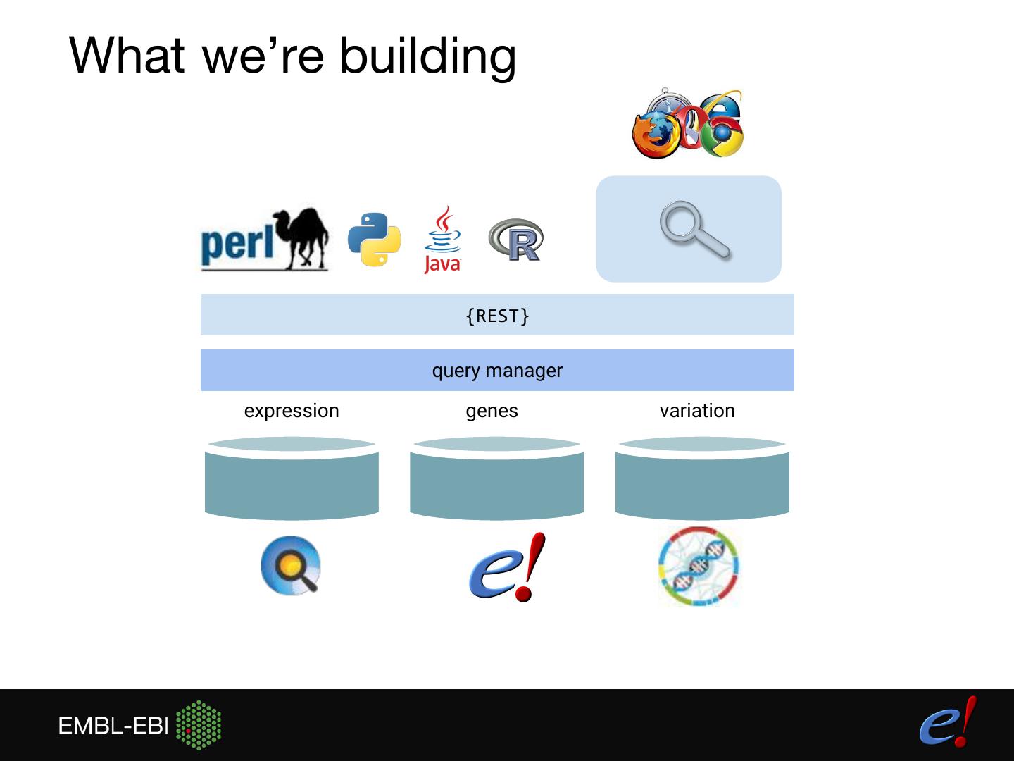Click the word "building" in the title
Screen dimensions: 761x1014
(x=427, y=56)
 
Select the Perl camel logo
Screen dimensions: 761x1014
(x=264, y=240)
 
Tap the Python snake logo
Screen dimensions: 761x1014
(x=375, y=240)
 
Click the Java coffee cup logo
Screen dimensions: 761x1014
(x=442, y=240)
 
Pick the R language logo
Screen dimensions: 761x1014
(x=517, y=240)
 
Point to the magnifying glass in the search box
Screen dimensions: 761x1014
(x=694, y=230)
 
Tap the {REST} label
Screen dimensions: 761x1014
(x=497, y=316)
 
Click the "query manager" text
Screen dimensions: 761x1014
(x=497, y=371)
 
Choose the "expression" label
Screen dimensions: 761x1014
(x=292, y=411)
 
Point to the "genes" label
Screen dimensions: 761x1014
(x=492, y=411)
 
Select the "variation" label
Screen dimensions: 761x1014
(x=697, y=411)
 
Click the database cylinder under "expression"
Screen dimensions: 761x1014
(x=292, y=479)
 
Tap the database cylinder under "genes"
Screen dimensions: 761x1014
(x=496, y=479)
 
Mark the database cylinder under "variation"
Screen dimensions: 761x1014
(x=702, y=479)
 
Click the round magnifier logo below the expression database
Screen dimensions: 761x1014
(x=291, y=566)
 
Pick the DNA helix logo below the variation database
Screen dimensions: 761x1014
(x=699, y=567)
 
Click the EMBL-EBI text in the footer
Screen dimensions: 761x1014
(x=113, y=726)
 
